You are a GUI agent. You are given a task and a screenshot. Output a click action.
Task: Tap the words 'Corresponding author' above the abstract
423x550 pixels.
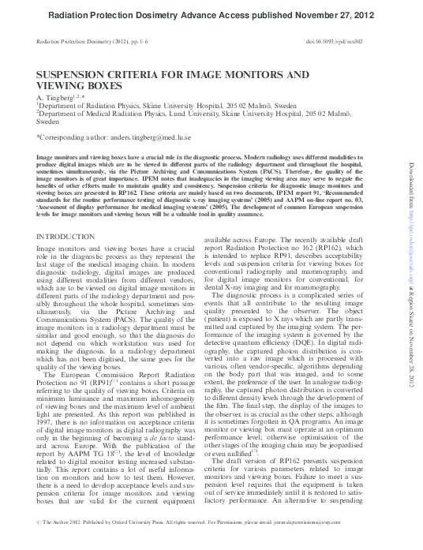(x=70, y=137)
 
